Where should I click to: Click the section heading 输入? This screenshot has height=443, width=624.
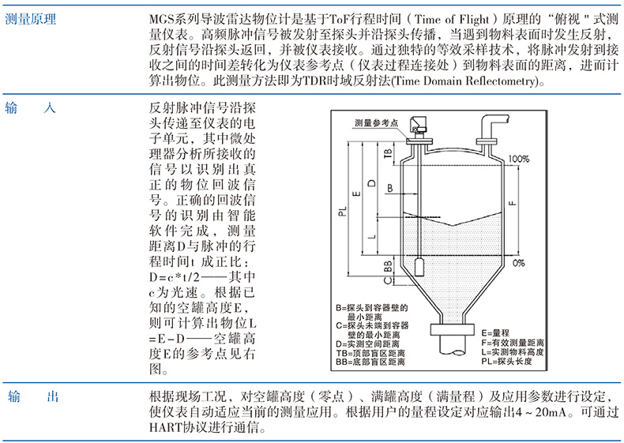[x=32, y=108]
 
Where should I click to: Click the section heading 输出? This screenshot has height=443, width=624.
[x=32, y=396]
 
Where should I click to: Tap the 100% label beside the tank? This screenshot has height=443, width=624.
[x=518, y=159]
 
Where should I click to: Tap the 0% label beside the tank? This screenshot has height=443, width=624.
[x=518, y=262]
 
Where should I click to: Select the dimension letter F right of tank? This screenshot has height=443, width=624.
[x=513, y=201]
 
